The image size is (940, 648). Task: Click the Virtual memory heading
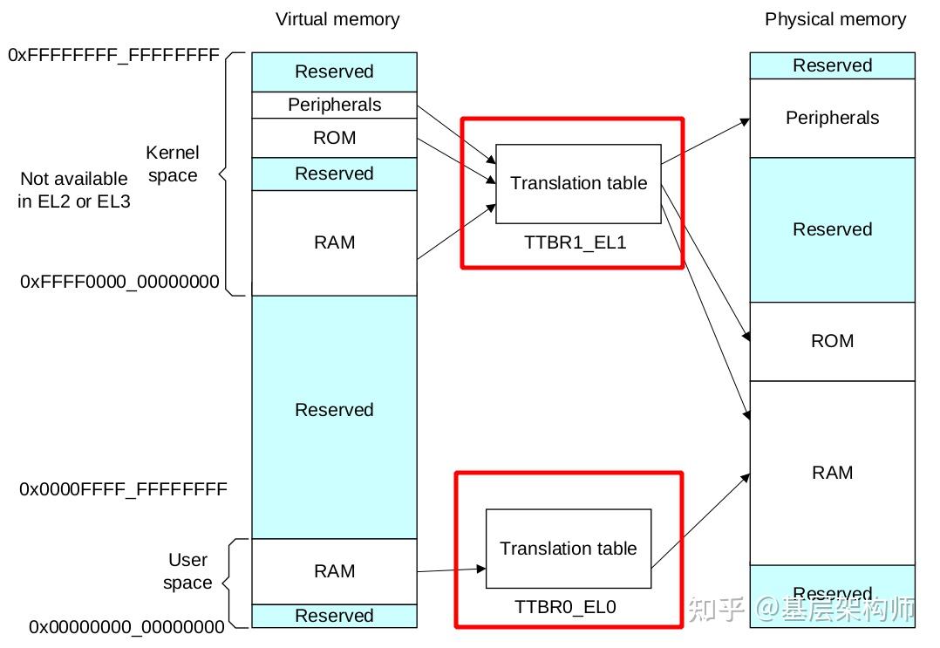(x=337, y=19)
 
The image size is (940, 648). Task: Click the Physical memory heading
(x=834, y=19)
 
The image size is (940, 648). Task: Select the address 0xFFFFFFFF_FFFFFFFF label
(x=113, y=55)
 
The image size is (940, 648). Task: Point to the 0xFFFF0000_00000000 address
(x=119, y=283)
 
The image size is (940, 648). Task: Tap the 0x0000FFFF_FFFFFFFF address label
(x=123, y=489)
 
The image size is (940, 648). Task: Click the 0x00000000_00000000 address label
(x=126, y=626)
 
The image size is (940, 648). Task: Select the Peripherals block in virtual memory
(x=334, y=105)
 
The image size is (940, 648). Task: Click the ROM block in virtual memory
(x=334, y=138)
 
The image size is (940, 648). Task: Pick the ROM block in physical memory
(x=832, y=341)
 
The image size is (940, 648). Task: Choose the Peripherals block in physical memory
(x=832, y=118)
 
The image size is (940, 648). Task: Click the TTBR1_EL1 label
(x=575, y=242)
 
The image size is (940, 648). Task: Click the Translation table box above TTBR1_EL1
(x=578, y=183)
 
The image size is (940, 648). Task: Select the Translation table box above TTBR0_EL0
(x=568, y=549)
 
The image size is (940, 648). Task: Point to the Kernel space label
(x=173, y=165)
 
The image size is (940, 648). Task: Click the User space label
(x=187, y=571)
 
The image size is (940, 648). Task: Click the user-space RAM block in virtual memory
(x=334, y=571)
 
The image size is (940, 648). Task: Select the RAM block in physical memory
(x=832, y=473)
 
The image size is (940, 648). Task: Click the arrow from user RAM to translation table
(x=452, y=570)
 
